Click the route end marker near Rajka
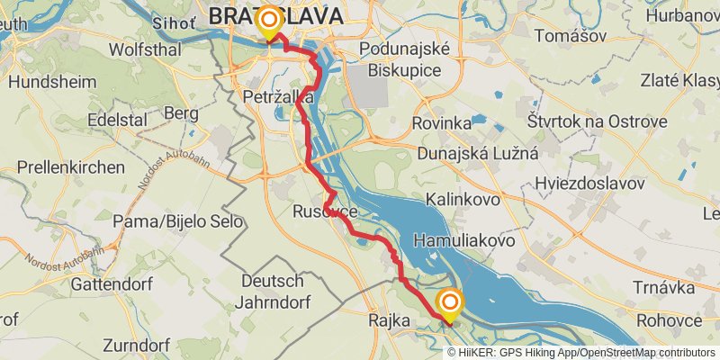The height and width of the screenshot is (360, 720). click(x=449, y=303)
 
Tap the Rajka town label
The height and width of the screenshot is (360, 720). click(x=390, y=320)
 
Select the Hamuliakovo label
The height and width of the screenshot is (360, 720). click(x=463, y=241)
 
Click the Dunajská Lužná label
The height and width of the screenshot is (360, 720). click(x=477, y=153)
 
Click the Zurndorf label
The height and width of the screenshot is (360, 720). click(x=137, y=346)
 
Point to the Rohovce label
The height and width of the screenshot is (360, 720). click(x=668, y=320)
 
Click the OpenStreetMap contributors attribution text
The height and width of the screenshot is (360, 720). click(x=645, y=352)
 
